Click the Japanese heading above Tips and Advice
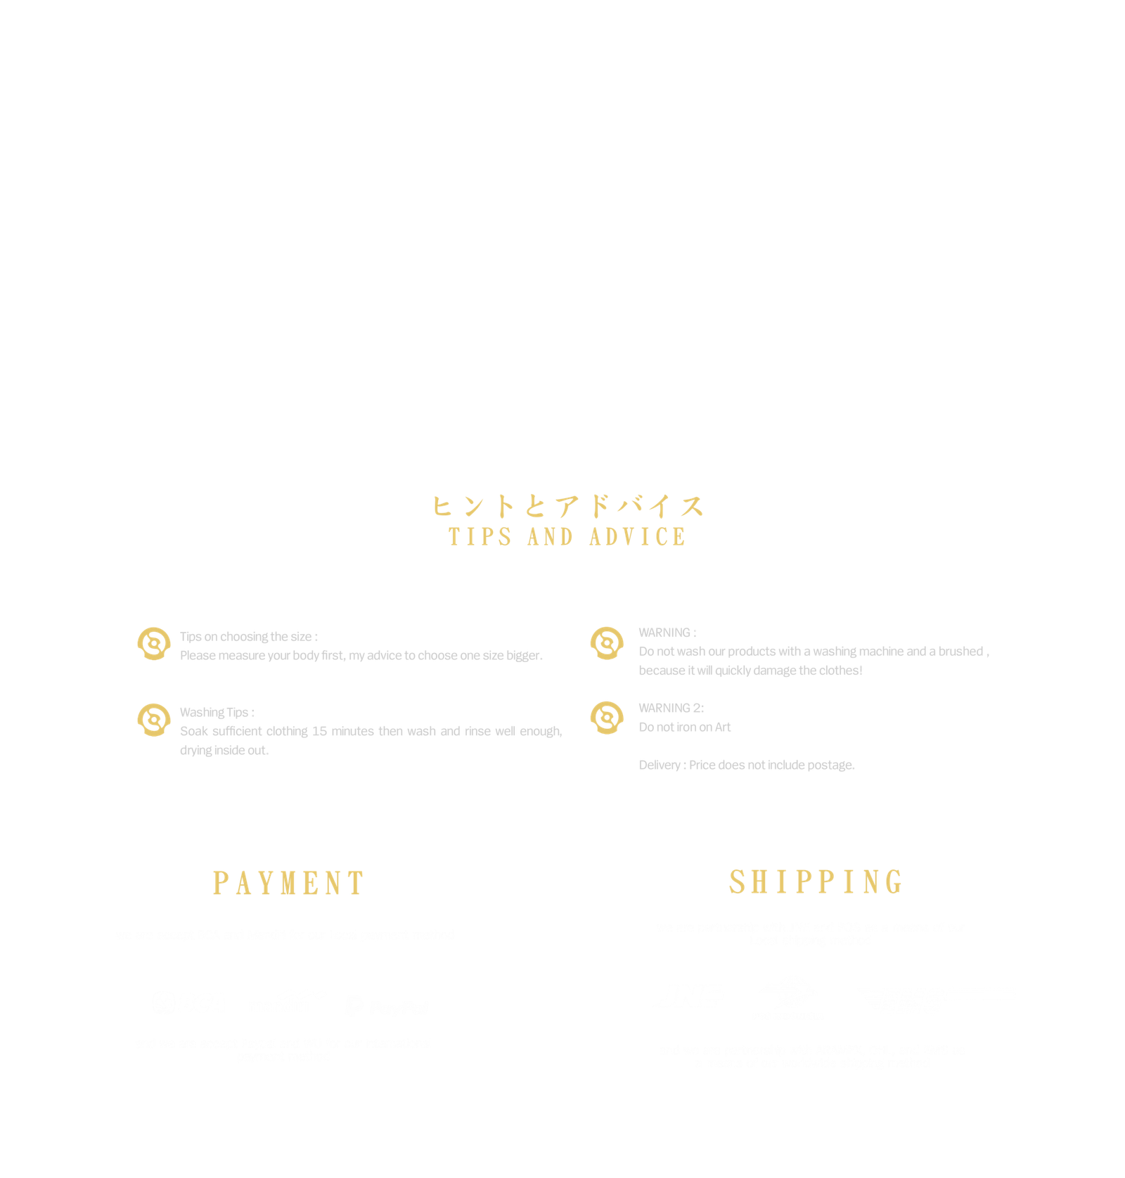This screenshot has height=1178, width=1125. click(567, 506)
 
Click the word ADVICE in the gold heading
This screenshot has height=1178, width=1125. click(638, 537)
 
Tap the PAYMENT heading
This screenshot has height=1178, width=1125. click(288, 883)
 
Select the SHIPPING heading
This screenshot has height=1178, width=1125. click(816, 882)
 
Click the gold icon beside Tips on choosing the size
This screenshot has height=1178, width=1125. click(153, 644)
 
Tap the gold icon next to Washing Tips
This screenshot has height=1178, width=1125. click(153, 719)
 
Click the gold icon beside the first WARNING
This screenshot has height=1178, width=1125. click(606, 643)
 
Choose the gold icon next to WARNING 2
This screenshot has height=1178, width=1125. click(606, 718)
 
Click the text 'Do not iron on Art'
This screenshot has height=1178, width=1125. click(684, 727)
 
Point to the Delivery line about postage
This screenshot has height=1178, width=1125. click(747, 765)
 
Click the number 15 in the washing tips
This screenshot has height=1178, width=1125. click(319, 732)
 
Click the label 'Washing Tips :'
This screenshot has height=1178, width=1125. click(217, 713)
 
